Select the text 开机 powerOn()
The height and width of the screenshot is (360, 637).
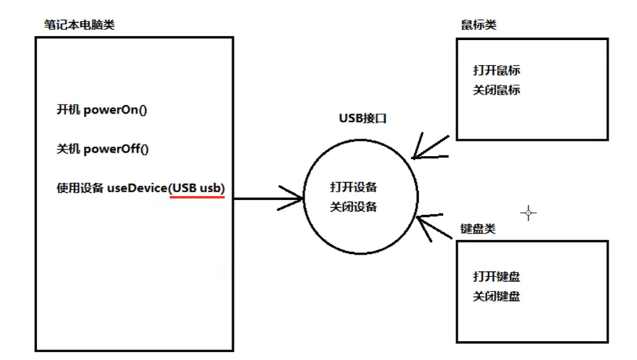tap(102, 109)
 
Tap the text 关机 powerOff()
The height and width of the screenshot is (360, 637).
tap(103, 149)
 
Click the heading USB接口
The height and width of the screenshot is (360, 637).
tap(362, 119)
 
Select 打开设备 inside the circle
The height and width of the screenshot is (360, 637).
tap(354, 187)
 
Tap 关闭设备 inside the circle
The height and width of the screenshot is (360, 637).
tap(354, 207)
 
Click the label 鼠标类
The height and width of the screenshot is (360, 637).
tap(479, 25)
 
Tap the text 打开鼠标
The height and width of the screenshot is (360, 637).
tap(497, 70)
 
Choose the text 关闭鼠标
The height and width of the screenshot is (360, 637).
tap(497, 90)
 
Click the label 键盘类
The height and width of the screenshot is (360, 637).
tap(479, 229)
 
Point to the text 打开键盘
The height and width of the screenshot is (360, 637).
tap(497, 276)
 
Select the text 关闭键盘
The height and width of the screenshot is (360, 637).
tap(497, 296)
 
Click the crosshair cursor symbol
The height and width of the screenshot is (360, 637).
tap(529, 213)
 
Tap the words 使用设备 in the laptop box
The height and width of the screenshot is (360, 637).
tap(79, 188)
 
